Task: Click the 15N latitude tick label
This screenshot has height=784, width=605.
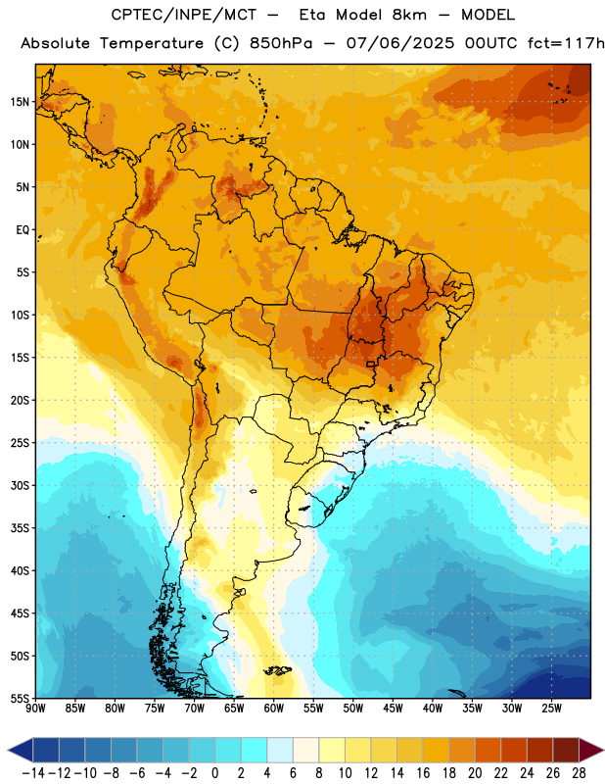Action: [x=20, y=102]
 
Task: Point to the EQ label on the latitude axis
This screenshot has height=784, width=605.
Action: [x=23, y=230]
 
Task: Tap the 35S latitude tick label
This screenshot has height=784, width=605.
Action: [x=20, y=528]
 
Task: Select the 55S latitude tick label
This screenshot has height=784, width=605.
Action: [x=20, y=698]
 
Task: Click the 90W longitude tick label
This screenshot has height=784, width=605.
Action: [x=35, y=709]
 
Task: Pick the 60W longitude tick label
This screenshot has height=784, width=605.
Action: [x=274, y=709]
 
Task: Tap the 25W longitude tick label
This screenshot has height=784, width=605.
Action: [x=552, y=709]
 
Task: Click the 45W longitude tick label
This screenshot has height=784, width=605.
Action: [x=394, y=709]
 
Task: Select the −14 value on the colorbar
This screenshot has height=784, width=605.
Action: [x=33, y=773]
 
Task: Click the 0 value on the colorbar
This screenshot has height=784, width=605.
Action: [x=214, y=773]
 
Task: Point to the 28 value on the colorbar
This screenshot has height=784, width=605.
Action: [x=579, y=773]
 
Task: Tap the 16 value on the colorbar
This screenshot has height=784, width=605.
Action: [x=423, y=773]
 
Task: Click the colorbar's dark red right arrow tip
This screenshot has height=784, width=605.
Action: [x=603, y=750]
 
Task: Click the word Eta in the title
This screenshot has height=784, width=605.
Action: [x=312, y=15]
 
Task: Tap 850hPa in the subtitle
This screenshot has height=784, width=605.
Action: [x=281, y=43]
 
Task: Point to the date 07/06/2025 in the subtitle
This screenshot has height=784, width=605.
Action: [x=400, y=43]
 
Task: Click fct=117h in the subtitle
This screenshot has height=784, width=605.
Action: [x=566, y=43]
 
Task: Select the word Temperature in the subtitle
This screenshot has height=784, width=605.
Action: [x=152, y=43]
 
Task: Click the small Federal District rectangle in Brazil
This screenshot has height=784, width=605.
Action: [x=371, y=364]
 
